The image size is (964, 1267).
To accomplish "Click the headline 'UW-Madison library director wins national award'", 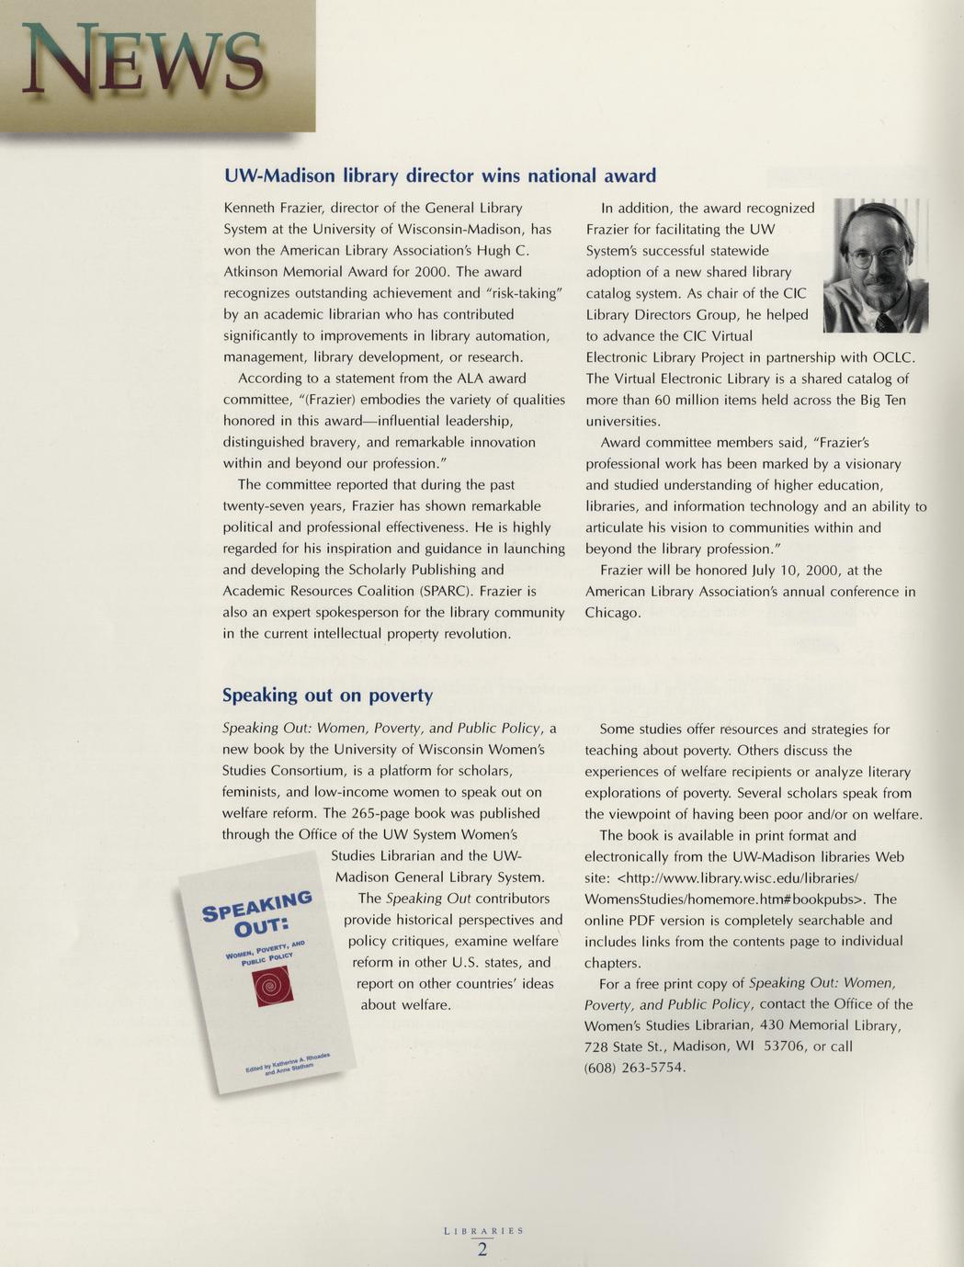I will point(440,175).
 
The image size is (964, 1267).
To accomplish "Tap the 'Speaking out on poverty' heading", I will point(327,696).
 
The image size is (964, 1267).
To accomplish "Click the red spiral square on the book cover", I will point(271,988).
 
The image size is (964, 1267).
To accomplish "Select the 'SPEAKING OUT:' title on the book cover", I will point(256,912).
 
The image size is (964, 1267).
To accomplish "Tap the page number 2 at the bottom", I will point(482,1250).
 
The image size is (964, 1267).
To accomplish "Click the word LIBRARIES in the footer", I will point(482,1230).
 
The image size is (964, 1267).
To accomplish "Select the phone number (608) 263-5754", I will point(635,1067).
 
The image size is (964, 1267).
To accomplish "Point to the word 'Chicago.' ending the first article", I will point(613,613).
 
